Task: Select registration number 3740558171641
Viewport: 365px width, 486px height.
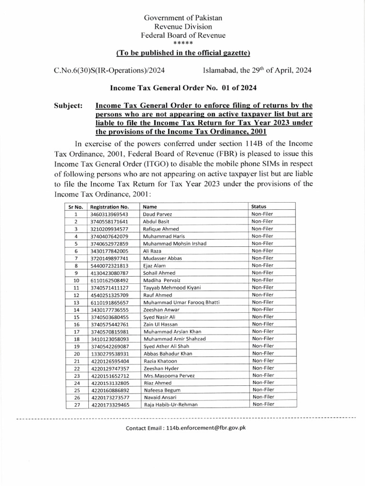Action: (x=109, y=221)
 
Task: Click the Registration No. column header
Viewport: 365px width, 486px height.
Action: (x=110, y=207)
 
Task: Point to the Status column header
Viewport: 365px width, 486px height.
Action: (x=259, y=206)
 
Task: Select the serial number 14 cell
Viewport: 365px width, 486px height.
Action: (x=75, y=309)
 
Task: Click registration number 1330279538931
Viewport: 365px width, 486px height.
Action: (x=109, y=353)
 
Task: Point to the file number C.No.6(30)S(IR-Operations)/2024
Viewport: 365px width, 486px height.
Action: (x=110, y=70)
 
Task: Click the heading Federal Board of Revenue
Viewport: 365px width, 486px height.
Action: (x=183, y=35)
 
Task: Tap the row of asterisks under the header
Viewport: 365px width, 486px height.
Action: (x=183, y=43)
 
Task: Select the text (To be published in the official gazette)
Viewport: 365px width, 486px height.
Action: (x=183, y=52)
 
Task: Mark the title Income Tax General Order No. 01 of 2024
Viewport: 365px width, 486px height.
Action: (x=183, y=87)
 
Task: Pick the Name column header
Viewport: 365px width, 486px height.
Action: (x=150, y=207)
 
